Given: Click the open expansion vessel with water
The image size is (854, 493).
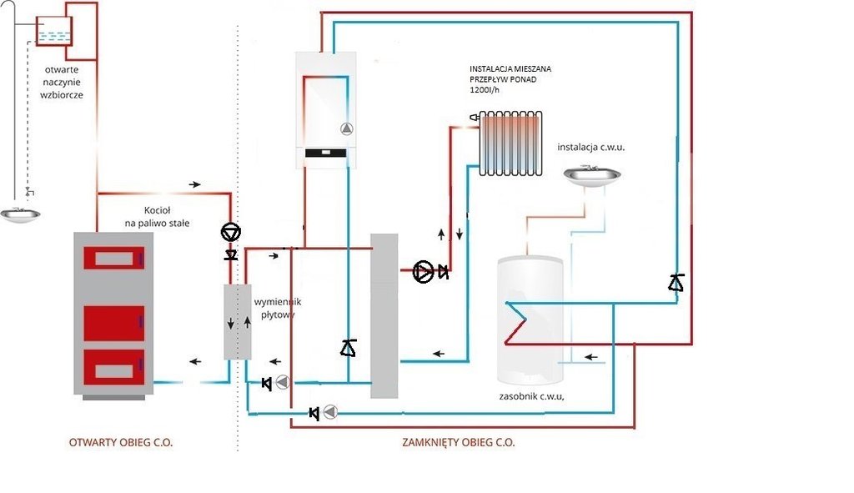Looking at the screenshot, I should point(54,31).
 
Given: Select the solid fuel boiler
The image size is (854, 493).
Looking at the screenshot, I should point(114,314).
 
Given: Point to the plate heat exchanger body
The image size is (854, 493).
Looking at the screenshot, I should point(237,322).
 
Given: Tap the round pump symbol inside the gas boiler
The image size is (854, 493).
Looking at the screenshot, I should point(346,129).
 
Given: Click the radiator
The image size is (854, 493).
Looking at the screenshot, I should point(510,143).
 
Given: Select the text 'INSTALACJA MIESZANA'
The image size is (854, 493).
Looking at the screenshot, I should point(510,68).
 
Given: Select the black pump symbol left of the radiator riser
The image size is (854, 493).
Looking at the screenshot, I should point(424,271).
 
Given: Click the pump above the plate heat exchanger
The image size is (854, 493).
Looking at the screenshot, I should point(230,231).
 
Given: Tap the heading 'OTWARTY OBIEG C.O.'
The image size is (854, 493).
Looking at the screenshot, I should point(121,442).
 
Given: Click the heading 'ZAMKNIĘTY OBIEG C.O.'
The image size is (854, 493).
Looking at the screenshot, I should point(459,442).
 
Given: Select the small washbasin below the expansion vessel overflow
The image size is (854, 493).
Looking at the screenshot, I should point(21,214).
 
